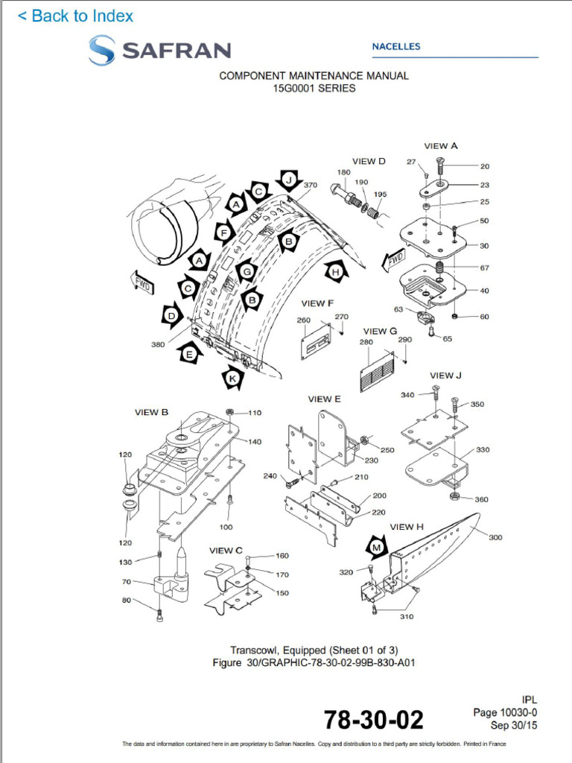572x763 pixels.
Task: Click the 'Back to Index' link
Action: coord(75,16)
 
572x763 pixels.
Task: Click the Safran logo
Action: coord(159,51)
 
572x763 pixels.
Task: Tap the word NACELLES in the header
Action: coord(395,46)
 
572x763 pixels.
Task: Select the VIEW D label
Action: coord(369,161)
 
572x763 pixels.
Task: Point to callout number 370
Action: coord(311,185)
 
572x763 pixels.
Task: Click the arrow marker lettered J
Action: coord(289,180)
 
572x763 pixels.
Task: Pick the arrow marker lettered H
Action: coord(336,272)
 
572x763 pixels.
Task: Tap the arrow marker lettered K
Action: coord(234,379)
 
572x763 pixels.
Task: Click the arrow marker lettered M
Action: coord(378,548)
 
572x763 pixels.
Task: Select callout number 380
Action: coord(158,344)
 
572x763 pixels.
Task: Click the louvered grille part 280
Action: coord(375,369)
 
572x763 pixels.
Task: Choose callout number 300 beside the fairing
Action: coord(495,537)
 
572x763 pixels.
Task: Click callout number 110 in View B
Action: coord(255,412)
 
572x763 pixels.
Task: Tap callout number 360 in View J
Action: coord(481,499)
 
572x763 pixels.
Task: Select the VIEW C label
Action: coord(226,551)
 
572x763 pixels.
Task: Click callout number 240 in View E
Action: coord(270,475)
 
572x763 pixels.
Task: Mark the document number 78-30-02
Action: coord(373,720)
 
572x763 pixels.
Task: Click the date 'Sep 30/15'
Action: coord(513,725)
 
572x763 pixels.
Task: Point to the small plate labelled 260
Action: coord(316,342)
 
